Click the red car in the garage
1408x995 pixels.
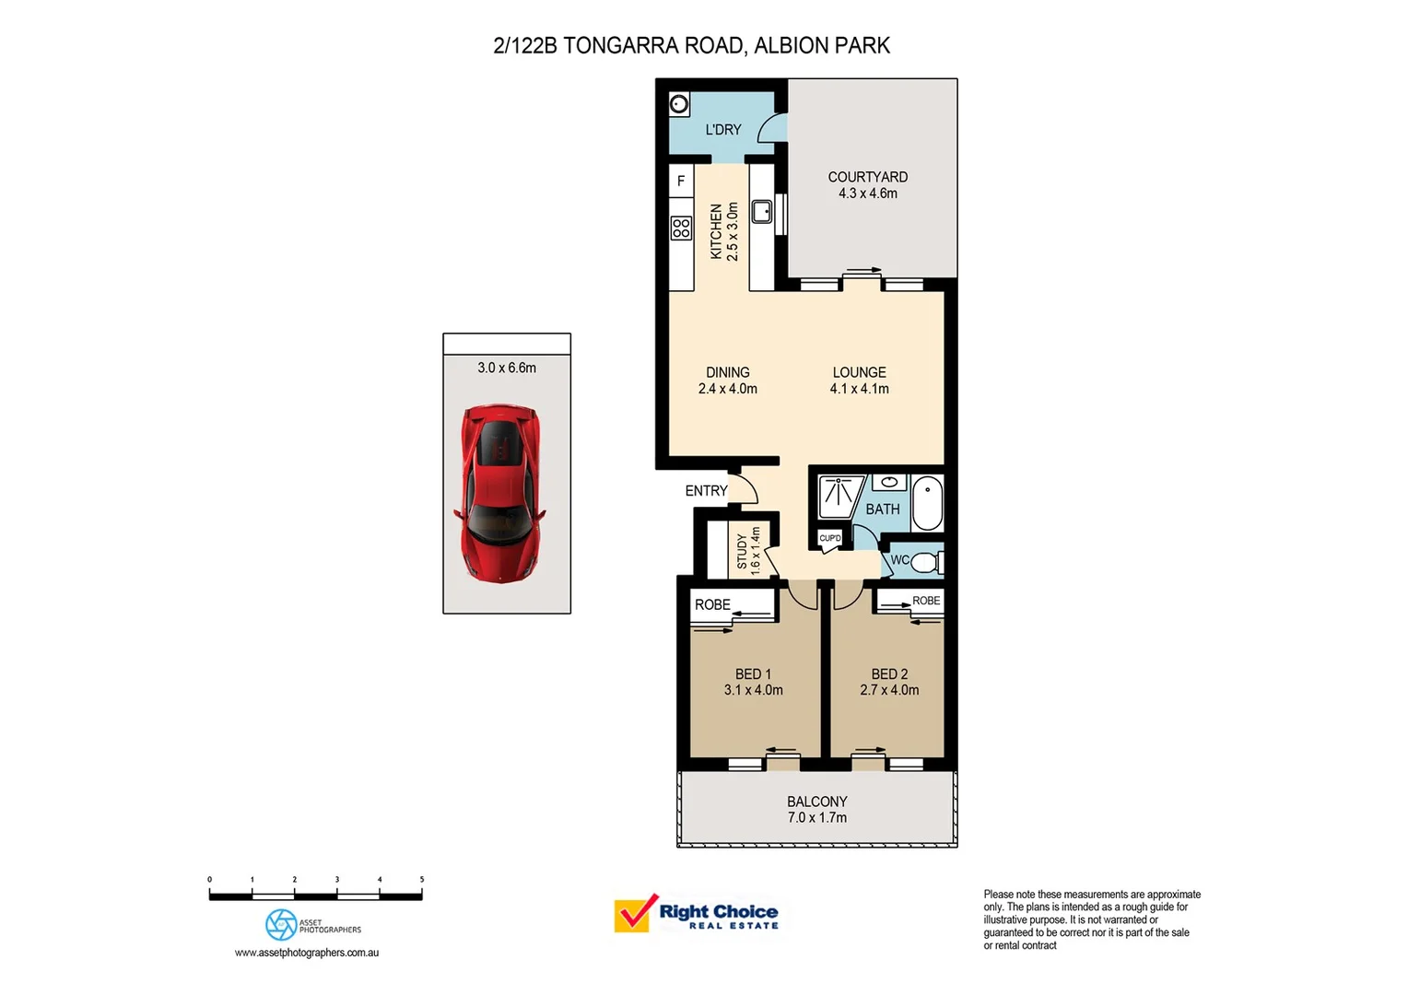pos(500,494)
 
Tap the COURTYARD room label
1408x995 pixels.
pos(867,177)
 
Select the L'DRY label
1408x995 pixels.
pos(722,130)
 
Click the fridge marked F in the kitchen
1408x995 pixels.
pos(681,181)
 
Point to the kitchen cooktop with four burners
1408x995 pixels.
pos(681,228)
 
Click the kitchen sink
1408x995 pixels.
pos(762,211)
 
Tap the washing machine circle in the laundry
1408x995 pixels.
pos(679,104)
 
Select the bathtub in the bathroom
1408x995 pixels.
pos(927,504)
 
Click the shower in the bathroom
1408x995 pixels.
pos(838,497)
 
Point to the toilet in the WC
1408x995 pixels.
pos(927,562)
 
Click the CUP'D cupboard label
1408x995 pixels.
pos(829,538)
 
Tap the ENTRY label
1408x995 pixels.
pos(706,491)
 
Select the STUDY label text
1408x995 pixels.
pos(742,551)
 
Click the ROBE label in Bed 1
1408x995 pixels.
pos(712,604)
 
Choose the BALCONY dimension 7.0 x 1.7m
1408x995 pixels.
pos(817,818)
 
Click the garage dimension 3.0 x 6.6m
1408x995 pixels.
pos(507,368)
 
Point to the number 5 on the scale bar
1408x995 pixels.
pos(422,879)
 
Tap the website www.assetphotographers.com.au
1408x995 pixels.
pos(307,953)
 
